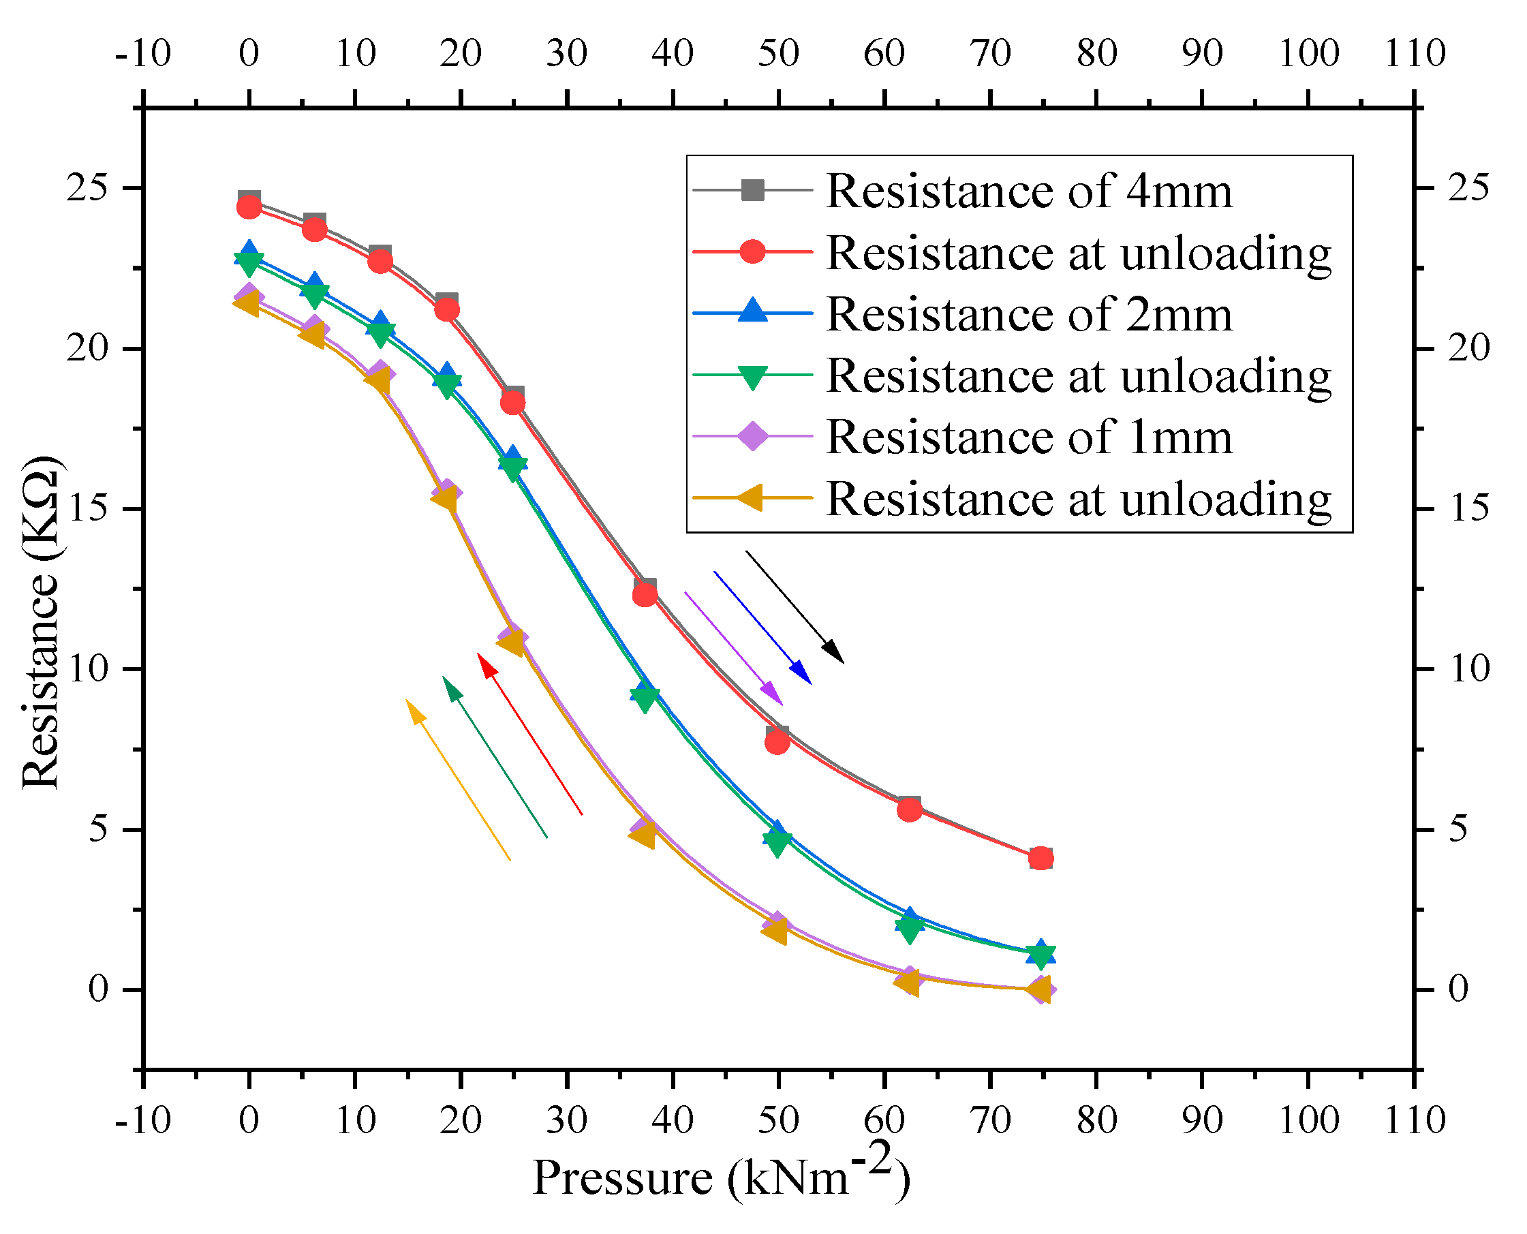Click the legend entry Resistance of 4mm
click(x=1028, y=191)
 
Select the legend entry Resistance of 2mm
click(x=1028, y=314)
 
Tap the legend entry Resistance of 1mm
click(x=1028, y=437)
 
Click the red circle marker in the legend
click(x=752, y=251)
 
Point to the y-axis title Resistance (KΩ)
click(x=42, y=622)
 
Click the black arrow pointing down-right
click(x=795, y=607)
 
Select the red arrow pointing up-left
click(x=529, y=734)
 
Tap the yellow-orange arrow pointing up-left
click(x=458, y=780)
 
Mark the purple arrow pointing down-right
click(x=734, y=648)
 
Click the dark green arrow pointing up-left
click(x=495, y=758)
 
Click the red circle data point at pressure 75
click(x=1040, y=859)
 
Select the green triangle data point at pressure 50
click(x=777, y=843)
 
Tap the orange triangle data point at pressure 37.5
click(x=643, y=836)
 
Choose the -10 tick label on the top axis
click(x=143, y=53)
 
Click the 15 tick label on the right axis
click(x=1468, y=509)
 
